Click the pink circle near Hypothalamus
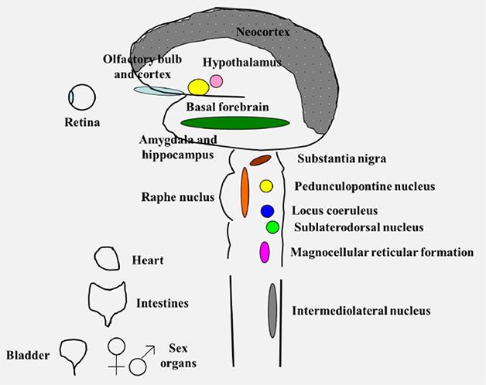[216, 81]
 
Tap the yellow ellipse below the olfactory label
[197, 87]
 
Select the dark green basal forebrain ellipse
[233, 121]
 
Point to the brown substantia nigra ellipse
[259, 161]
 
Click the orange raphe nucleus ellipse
[245, 192]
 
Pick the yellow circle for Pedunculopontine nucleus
[266, 186]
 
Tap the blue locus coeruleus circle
[267, 211]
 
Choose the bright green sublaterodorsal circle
[272, 227]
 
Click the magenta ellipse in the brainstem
[265, 252]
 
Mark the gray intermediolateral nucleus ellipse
[272, 311]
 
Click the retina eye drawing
[81, 97]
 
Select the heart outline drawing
[106, 258]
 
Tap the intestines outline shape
[107, 301]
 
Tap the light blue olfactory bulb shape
[159, 90]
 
